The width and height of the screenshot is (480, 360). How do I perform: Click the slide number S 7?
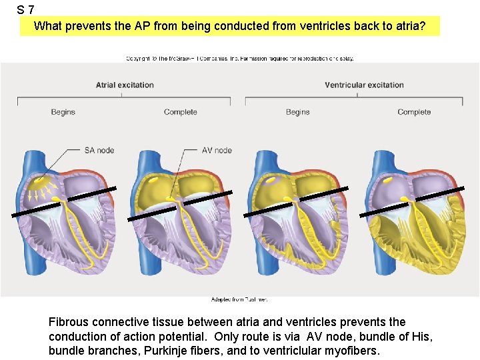pos(25,10)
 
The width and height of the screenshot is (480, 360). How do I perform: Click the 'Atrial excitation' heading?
pos(125,85)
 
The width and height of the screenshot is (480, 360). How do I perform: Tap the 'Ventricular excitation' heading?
pos(364,85)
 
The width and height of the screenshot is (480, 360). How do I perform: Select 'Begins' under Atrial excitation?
pos(63,112)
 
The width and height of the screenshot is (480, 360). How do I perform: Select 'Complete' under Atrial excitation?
pos(180,112)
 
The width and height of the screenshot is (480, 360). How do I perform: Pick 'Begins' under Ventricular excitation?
pos(297,112)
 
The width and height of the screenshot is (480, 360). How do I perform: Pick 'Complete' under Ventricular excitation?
pos(414,112)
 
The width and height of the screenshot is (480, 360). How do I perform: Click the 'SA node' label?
pos(99,150)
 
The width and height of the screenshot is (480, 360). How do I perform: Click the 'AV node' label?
pos(217,150)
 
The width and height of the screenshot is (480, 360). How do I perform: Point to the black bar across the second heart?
pos(179,205)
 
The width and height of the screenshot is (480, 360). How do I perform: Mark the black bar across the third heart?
pos(295,201)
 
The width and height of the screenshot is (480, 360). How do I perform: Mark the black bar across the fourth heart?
pos(412,202)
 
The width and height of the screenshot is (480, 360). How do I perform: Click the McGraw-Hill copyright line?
pos(240,59)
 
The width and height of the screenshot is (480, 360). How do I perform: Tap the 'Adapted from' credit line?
pos(239,299)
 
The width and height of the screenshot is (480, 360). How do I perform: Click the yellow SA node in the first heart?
pos(41,181)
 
